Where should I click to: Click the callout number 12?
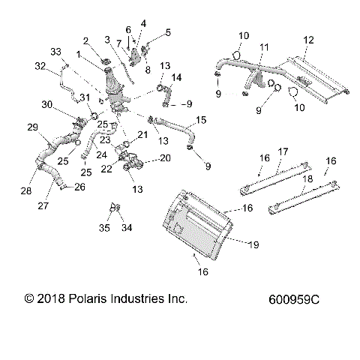click(x=309, y=38)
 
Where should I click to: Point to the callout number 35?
click(x=105, y=228)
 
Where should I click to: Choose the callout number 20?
click(x=165, y=157)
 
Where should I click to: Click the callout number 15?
click(x=201, y=120)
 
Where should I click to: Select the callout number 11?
click(x=263, y=47)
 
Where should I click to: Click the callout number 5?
click(x=168, y=32)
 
